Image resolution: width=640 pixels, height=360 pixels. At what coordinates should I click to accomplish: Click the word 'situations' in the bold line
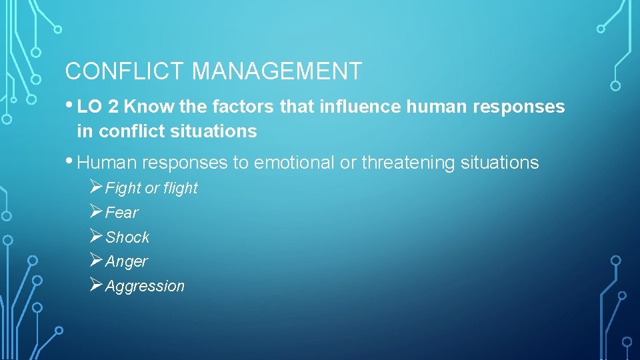(x=213, y=131)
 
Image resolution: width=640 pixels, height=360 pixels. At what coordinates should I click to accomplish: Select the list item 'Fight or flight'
(x=151, y=189)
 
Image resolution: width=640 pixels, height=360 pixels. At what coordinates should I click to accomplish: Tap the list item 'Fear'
(x=121, y=213)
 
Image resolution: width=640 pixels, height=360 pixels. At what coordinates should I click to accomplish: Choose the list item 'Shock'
(x=127, y=237)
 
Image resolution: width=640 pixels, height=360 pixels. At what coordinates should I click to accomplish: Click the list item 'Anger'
(x=126, y=262)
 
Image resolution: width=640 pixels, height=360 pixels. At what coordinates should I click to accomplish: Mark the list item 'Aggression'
(x=145, y=287)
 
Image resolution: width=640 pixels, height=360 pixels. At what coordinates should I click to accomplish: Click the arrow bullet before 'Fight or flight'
(x=95, y=188)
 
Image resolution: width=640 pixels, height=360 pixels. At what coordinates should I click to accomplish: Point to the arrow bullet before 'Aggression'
(x=95, y=286)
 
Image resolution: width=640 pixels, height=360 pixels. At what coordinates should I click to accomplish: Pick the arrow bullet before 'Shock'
(x=95, y=237)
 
